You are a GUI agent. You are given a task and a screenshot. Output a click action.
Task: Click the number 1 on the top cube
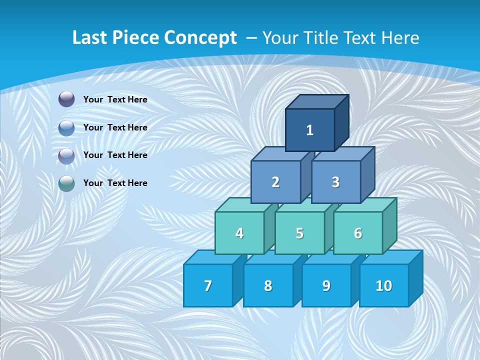[x=310, y=130]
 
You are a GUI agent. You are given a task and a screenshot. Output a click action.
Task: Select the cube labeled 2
[x=275, y=182]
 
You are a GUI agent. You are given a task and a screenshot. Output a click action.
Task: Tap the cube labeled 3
[x=335, y=182]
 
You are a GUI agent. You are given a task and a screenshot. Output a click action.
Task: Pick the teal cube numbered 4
[x=239, y=233]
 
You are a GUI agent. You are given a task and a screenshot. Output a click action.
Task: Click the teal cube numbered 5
[x=299, y=233]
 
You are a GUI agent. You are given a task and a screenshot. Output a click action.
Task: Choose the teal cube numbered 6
[x=358, y=233]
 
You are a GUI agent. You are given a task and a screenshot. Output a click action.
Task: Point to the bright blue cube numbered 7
[x=208, y=285]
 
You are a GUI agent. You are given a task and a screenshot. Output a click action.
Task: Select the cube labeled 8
[x=268, y=285]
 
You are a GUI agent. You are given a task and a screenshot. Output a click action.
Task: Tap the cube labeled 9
[x=326, y=285]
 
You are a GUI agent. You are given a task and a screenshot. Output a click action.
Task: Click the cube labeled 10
[x=384, y=285]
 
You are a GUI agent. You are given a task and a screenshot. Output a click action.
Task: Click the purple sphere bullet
[x=66, y=99]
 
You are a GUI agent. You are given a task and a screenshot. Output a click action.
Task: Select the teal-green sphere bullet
[x=66, y=183]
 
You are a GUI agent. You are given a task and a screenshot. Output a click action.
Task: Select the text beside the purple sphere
[x=115, y=99]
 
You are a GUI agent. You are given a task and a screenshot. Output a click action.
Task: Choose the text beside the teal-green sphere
[x=115, y=183]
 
